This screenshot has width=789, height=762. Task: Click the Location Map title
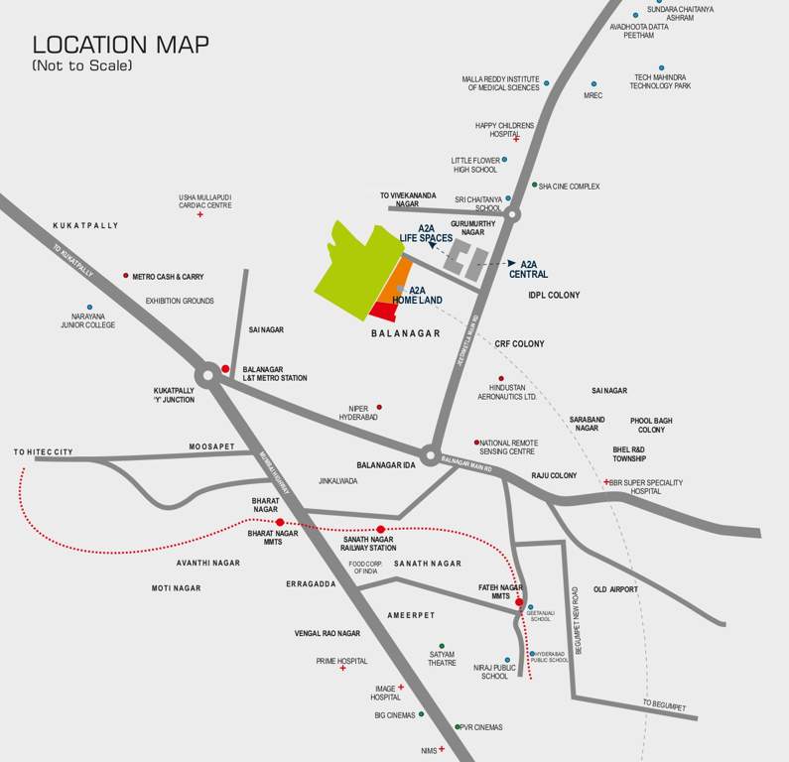(120, 46)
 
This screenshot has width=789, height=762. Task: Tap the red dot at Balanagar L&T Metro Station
(225, 369)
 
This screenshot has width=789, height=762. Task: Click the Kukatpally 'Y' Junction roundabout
(207, 375)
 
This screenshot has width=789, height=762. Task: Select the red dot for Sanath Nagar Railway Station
(381, 529)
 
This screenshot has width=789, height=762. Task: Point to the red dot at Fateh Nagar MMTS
(519, 601)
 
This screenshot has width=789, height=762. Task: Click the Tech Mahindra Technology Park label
(660, 81)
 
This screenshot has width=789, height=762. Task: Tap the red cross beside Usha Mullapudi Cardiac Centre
(199, 214)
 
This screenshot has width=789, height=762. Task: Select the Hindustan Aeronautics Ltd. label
(513, 392)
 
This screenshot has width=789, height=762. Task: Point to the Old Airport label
(615, 589)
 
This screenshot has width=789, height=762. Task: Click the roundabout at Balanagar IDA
(429, 456)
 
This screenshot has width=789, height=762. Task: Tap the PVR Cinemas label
(481, 727)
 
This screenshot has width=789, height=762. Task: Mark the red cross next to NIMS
(442, 748)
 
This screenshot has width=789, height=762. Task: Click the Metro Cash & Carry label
(168, 277)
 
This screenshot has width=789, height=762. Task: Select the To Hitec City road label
(44, 452)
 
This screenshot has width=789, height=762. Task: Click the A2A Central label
(529, 269)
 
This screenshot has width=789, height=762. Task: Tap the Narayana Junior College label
(88, 320)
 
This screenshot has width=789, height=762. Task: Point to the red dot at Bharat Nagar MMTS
(280, 522)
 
